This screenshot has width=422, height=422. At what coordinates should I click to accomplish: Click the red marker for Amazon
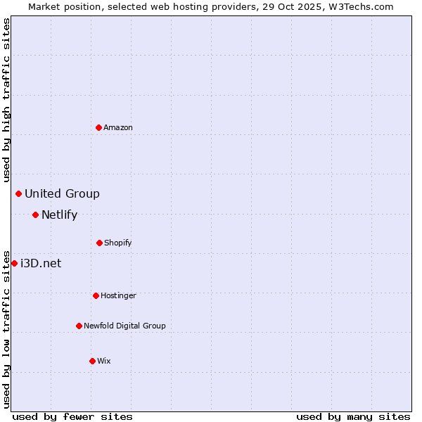(98, 127)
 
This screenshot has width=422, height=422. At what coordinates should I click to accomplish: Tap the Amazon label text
(118, 127)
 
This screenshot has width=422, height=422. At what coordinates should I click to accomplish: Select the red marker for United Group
(19, 193)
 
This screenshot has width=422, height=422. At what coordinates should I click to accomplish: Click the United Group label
(62, 193)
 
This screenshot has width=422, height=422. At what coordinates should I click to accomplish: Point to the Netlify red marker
(35, 215)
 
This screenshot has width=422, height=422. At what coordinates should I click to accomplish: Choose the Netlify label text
(59, 215)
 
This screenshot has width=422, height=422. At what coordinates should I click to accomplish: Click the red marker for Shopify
(99, 243)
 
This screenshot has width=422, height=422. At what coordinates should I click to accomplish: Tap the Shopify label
(117, 243)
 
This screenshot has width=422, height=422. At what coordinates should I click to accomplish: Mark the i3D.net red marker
(14, 263)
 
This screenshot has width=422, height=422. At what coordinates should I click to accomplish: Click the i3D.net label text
(41, 263)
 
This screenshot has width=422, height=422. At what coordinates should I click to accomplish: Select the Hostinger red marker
(96, 295)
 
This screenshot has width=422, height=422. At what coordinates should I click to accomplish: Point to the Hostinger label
(118, 295)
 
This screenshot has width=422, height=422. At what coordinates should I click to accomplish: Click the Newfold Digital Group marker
(79, 326)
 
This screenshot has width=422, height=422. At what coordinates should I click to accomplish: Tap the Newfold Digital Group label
(124, 326)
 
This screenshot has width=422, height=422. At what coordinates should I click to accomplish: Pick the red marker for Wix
(92, 361)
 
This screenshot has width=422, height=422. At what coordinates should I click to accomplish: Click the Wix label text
(104, 361)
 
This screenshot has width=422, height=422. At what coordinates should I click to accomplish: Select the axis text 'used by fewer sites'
(72, 416)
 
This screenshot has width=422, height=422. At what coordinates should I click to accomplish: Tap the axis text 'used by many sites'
(353, 416)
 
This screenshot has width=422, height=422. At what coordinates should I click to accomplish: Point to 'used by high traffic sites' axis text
(6, 100)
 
